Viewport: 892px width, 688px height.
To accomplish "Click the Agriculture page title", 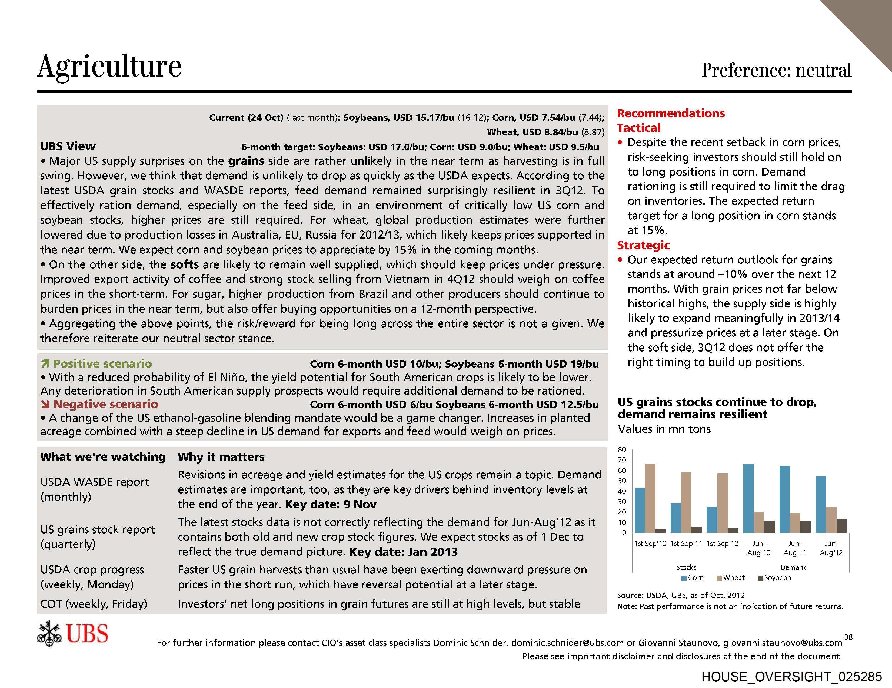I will pyautogui.click(x=109, y=66).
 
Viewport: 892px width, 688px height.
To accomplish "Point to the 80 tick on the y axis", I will pyautogui.click(x=622, y=450).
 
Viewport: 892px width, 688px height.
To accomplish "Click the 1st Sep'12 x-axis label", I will pyautogui.click(x=722, y=544).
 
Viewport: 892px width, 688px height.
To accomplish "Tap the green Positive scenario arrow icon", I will pyautogui.click(x=45, y=364).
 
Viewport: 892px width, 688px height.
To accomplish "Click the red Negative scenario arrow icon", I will pyautogui.click(x=45, y=405).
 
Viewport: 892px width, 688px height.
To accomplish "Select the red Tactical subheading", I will pyautogui.click(x=638, y=128).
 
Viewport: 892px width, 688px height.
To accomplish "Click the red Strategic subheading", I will pyautogui.click(x=643, y=245).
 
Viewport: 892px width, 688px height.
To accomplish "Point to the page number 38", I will pyautogui.click(x=848, y=637).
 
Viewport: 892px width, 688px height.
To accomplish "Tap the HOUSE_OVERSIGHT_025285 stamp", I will pyautogui.click(x=791, y=677).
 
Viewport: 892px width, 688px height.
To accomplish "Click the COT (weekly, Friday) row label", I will pyautogui.click(x=94, y=604).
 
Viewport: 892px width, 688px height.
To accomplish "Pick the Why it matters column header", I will pyautogui.click(x=221, y=457).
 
